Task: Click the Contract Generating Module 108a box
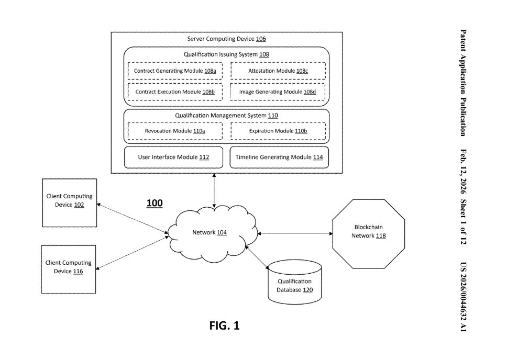175,70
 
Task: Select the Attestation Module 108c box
278,70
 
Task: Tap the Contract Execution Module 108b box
175,92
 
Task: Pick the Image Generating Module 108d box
278,92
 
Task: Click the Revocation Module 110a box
175,131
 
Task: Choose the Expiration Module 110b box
278,131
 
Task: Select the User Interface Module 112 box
173,157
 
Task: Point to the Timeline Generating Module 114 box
279,157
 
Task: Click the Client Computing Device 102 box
69,201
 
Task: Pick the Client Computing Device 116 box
69,267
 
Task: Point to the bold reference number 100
154,203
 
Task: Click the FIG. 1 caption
224,325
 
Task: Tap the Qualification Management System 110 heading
226,115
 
